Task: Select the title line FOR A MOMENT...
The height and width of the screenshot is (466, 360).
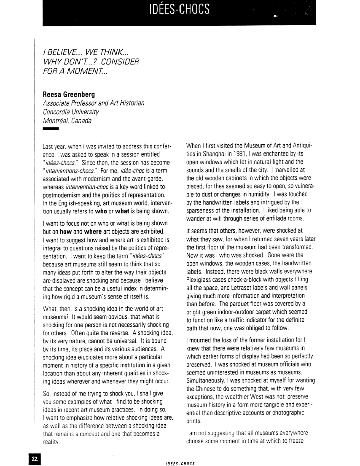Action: pos(70,72)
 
